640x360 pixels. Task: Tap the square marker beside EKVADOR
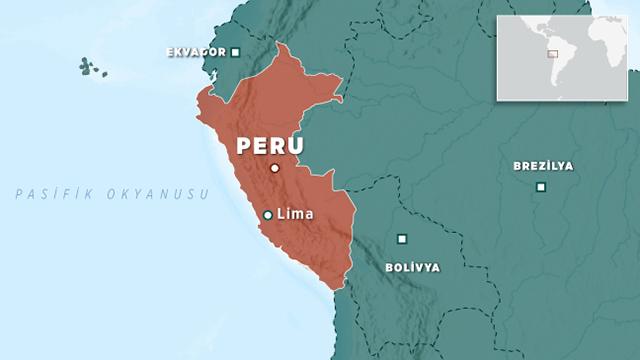[x=235, y=52]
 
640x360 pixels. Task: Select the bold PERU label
[x=269, y=146]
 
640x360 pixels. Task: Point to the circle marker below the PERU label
[x=274, y=168]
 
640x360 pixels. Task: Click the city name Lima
[x=294, y=214]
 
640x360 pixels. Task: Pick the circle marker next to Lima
[x=267, y=215]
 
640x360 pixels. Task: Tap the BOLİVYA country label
[x=411, y=268]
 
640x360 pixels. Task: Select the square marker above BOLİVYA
[x=402, y=238]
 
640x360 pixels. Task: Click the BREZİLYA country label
[x=543, y=166]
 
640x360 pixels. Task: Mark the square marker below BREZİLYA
[x=541, y=187]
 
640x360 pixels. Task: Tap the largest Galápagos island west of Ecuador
[x=87, y=67]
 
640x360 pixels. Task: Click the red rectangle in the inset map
[x=551, y=53]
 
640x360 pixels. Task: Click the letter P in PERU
[x=244, y=146]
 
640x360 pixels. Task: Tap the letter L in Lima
[x=279, y=214]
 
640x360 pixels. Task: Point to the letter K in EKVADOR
[x=180, y=52]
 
